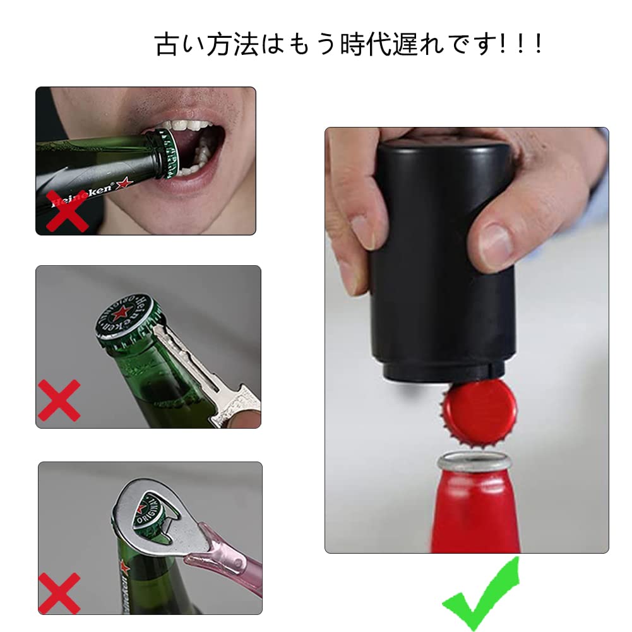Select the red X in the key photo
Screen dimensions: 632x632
[59, 400]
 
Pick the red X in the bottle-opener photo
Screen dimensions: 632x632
[59, 592]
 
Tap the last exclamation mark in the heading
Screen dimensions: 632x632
[538, 44]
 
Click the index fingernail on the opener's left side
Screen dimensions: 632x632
[363, 230]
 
